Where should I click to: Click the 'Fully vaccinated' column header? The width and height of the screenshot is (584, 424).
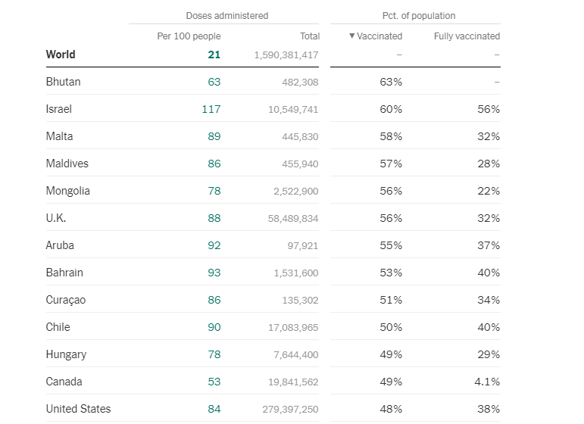(467, 36)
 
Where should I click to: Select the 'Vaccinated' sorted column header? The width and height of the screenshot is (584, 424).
(376, 36)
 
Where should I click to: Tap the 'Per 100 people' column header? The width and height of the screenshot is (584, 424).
(189, 36)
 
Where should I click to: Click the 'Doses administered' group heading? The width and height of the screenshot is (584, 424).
(226, 15)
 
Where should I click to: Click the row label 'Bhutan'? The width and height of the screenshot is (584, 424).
(63, 82)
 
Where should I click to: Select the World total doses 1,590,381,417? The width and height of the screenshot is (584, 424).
(286, 55)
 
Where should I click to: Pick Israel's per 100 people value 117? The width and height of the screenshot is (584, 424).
(211, 109)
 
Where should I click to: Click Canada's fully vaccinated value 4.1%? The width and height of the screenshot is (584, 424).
(487, 382)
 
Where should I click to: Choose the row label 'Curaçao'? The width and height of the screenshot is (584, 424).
(66, 300)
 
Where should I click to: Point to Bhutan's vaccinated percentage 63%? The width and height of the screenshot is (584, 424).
(391, 82)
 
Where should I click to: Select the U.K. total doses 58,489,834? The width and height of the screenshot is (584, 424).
(289, 218)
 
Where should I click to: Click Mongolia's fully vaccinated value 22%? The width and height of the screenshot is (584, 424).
(489, 191)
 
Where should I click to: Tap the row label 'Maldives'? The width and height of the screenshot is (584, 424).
(67, 164)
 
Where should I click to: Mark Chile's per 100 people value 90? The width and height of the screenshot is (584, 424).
(214, 327)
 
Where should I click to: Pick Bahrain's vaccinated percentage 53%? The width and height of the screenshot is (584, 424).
(391, 273)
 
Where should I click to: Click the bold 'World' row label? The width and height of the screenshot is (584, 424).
(61, 55)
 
